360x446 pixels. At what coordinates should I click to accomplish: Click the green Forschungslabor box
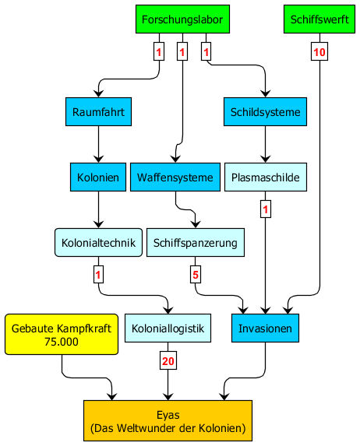[182, 19]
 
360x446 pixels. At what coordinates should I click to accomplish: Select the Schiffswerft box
[319, 19]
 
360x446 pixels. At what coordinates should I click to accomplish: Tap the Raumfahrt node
[98, 112]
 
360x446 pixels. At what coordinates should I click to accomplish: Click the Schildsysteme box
[265, 112]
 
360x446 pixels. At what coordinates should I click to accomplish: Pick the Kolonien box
[98, 177]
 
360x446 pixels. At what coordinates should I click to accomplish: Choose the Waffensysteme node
[175, 177]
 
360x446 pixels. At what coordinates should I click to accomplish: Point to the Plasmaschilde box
[266, 177]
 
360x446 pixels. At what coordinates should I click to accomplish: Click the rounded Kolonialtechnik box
[98, 242]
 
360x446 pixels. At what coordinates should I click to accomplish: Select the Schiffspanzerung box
[196, 242]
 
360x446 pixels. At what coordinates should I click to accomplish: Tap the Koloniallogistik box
[168, 328]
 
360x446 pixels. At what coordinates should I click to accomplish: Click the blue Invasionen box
[265, 328]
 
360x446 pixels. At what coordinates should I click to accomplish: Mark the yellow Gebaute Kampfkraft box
[62, 334]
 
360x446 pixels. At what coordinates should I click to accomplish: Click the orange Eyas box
[168, 420]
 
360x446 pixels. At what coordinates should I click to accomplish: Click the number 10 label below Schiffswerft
[319, 51]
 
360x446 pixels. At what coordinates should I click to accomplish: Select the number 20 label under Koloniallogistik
[168, 360]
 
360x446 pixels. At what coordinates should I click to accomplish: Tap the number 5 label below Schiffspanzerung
[196, 275]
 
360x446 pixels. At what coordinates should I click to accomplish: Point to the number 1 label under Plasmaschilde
[266, 209]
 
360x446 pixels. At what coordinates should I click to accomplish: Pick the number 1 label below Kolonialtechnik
[98, 275]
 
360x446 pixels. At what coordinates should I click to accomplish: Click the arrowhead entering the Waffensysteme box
[175, 159]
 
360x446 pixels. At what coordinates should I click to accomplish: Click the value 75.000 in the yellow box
[62, 341]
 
